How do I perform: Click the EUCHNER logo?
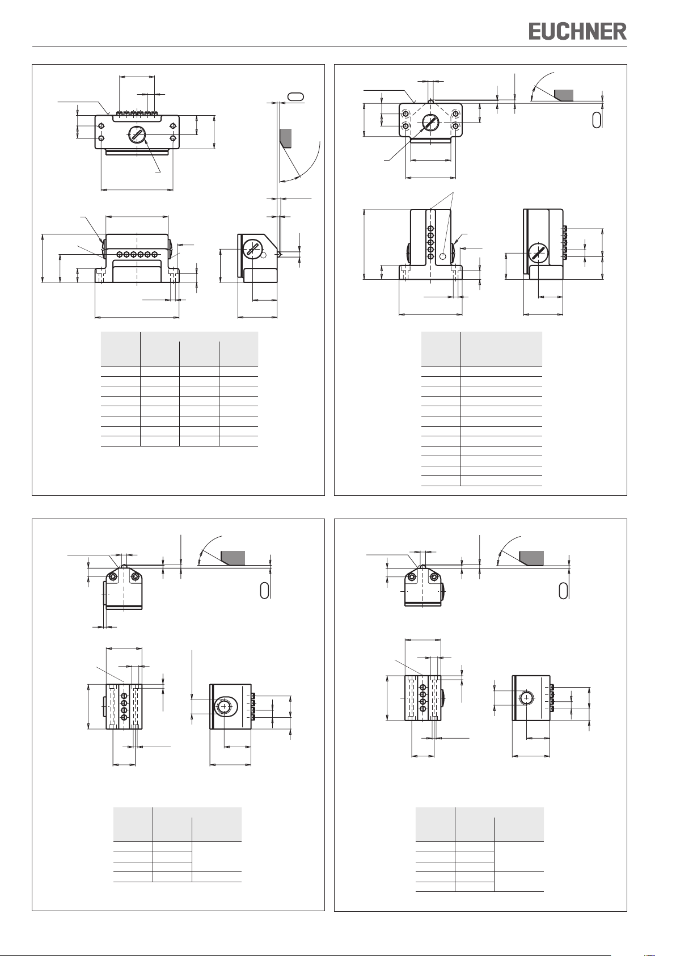[x=578, y=32]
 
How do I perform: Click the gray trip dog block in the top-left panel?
[x=285, y=138]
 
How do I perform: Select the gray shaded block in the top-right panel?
[x=563, y=95]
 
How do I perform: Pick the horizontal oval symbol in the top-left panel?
[x=296, y=96]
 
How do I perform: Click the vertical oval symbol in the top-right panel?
[x=597, y=120]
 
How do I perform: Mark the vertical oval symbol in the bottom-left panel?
[x=264, y=590]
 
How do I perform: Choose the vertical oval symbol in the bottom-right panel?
[x=563, y=590]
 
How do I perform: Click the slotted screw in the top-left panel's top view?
[x=137, y=135]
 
